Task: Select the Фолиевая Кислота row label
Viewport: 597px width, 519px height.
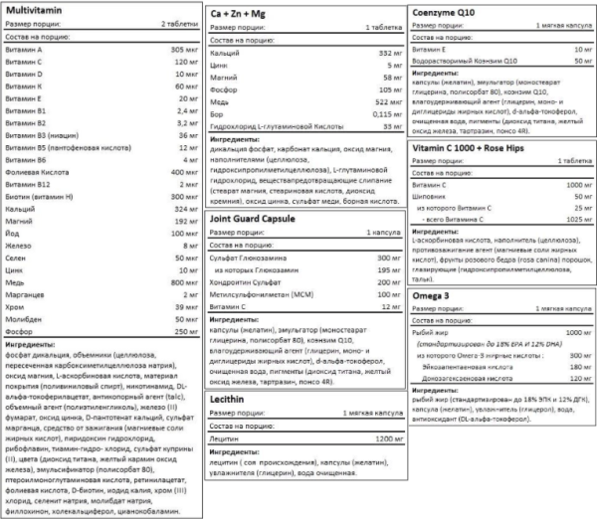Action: (x=36, y=172)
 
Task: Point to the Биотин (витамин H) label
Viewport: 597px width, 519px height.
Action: (x=40, y=197)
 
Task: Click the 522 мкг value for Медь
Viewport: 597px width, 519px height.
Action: (x=373, y=102)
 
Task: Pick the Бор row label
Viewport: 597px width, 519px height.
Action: (x=219, y=115)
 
